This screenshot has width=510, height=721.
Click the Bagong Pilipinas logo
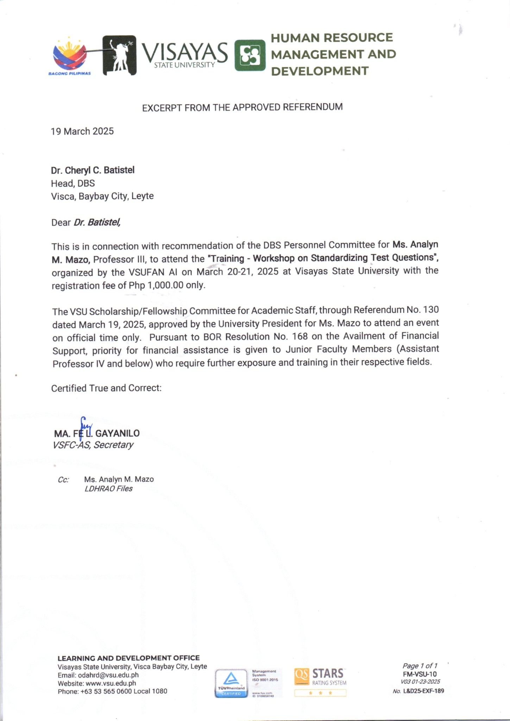coord(70,56)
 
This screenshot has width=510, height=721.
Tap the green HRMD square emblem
coord(250,55)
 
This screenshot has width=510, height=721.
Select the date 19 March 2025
coord(82,131)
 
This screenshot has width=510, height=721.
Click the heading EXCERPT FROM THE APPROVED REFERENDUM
coord(242,107)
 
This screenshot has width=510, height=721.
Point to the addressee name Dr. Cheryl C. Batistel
coord(93,170)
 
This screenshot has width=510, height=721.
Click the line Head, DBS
coord(73,183)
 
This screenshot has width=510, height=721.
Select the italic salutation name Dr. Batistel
coord(97,222)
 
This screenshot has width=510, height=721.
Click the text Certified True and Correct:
coord(106,388)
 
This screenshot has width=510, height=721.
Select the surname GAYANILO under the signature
coord(117,433)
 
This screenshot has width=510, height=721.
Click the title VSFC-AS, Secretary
coord(93,445)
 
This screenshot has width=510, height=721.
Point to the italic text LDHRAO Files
coord(108,489)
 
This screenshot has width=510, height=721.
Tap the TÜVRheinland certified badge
coord(231,683)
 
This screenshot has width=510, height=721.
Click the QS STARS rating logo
coord(320,682)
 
